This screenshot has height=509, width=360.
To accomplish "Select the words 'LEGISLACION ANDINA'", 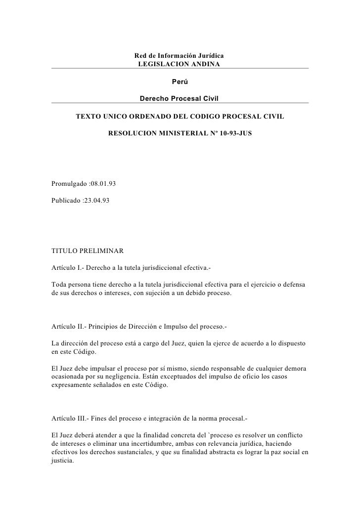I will point(180,64).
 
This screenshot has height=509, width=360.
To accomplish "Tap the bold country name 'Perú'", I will point(180,81).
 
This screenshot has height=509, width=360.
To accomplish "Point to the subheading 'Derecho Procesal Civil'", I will point(180,98).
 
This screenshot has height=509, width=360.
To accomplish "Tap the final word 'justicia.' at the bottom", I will point(62,464).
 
